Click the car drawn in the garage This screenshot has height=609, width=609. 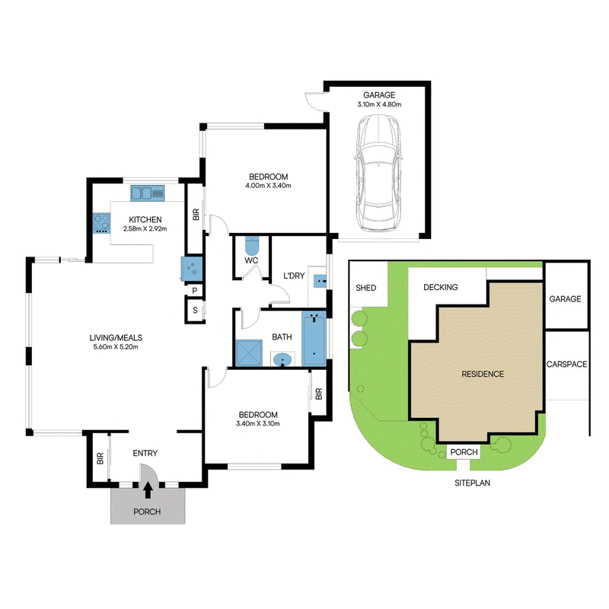click(x=378, y=174)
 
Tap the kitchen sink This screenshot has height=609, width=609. click(x=147, y=193)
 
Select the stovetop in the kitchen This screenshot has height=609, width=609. click(x=102, y=223)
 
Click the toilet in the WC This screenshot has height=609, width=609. click(x=252, y=245)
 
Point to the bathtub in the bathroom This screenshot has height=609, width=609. click(x=314, y=339)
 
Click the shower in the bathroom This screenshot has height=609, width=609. click(x=249, y=352)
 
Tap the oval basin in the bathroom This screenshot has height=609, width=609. click(x=282, y=360)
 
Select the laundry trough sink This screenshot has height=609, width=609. click(x=320, y=280)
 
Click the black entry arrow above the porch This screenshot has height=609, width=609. click(x=148, y=489)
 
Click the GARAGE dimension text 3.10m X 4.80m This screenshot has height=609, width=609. click(x=379, y=104)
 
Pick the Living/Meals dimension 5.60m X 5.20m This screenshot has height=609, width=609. click(x=116, y=347)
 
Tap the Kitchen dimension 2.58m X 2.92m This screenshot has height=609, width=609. click(x=145, y=229)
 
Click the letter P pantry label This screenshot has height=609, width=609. click(x=195, y=291)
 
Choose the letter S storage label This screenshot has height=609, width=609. click(x=195, y=310)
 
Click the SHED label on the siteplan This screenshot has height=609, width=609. click(x=366, y=288)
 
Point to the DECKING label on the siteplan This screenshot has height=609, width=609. click(x=441, y=287)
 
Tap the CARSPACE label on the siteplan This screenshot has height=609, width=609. click(x=566, y=364)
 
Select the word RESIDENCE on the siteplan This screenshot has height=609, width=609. click(x=483, y=374)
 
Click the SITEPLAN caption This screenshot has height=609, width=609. click(x=472, y=483)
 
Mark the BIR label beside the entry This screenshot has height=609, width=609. click(x=100, y=458)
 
